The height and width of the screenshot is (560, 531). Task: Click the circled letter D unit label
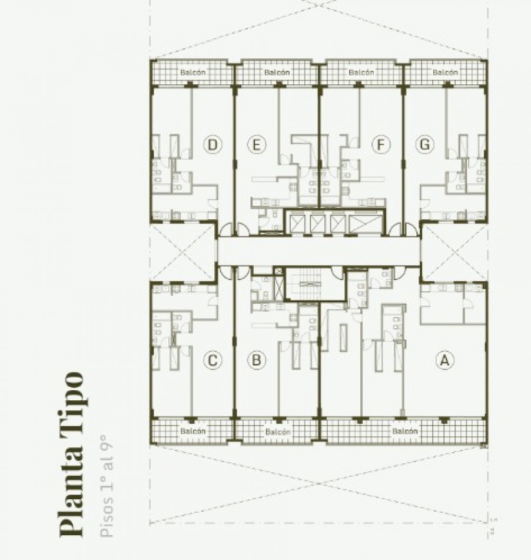(x=213, y=144)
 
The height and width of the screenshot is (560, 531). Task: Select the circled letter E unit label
(x=256, y=144)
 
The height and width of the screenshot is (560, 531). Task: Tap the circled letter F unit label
(x=381, y=144)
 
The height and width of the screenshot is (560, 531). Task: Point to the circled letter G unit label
(x=423, y=144)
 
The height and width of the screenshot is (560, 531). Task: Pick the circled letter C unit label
(x=213, y=360)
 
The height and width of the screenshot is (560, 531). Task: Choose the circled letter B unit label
(x=256, y=360)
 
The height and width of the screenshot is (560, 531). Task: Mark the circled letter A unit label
(x=445, y=360)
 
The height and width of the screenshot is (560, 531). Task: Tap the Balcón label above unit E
(x=277, y=73)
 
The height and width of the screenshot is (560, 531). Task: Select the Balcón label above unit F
(x=361, y=73)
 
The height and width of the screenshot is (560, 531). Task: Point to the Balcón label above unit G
(x=446, y=73)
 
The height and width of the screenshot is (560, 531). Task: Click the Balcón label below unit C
(x=193, y=431)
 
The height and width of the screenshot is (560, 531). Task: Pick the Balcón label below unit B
(x=277, y=431)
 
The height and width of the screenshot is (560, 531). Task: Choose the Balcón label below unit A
(x=404, y=431)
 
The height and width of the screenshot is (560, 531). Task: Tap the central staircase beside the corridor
(x=307, y=284)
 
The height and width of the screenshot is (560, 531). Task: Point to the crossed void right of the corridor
(x=453, y=252)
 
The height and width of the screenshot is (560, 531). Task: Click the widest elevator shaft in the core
(x=365, y=223)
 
